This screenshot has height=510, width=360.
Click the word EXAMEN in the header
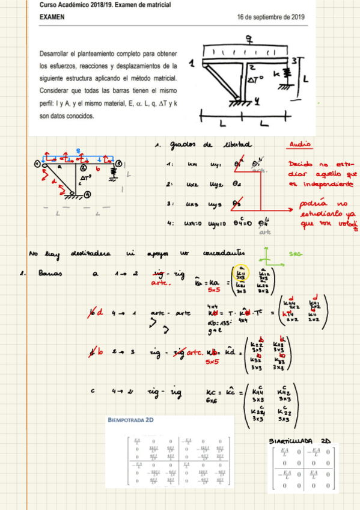tap(52, 17)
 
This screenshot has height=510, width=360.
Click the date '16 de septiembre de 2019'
tap(271, 17)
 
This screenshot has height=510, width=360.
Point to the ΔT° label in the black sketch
tap(258, 79)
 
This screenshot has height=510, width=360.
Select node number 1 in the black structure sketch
tap(192, 63)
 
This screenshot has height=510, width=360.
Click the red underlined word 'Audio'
tap(301, 144)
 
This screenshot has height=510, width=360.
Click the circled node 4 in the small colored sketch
tap(87, 194)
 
